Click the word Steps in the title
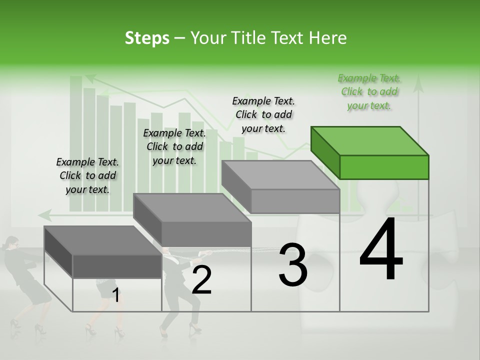[x=147, y=38]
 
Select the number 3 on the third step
[x=292, y=265]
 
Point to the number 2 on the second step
[x=201, y=280]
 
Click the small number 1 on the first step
[x=116, y=295]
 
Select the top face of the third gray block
[x=280, y=175]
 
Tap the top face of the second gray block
[x=192, y=207]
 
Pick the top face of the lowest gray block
[x=103, y=240]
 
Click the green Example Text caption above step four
[x=369, y=92]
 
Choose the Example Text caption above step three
[x=263, y=114]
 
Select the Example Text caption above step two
[x=174, y=146]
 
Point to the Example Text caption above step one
[x=87, y=175]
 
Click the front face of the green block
[x=384, y=167]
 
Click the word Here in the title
[x=330, y=38]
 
